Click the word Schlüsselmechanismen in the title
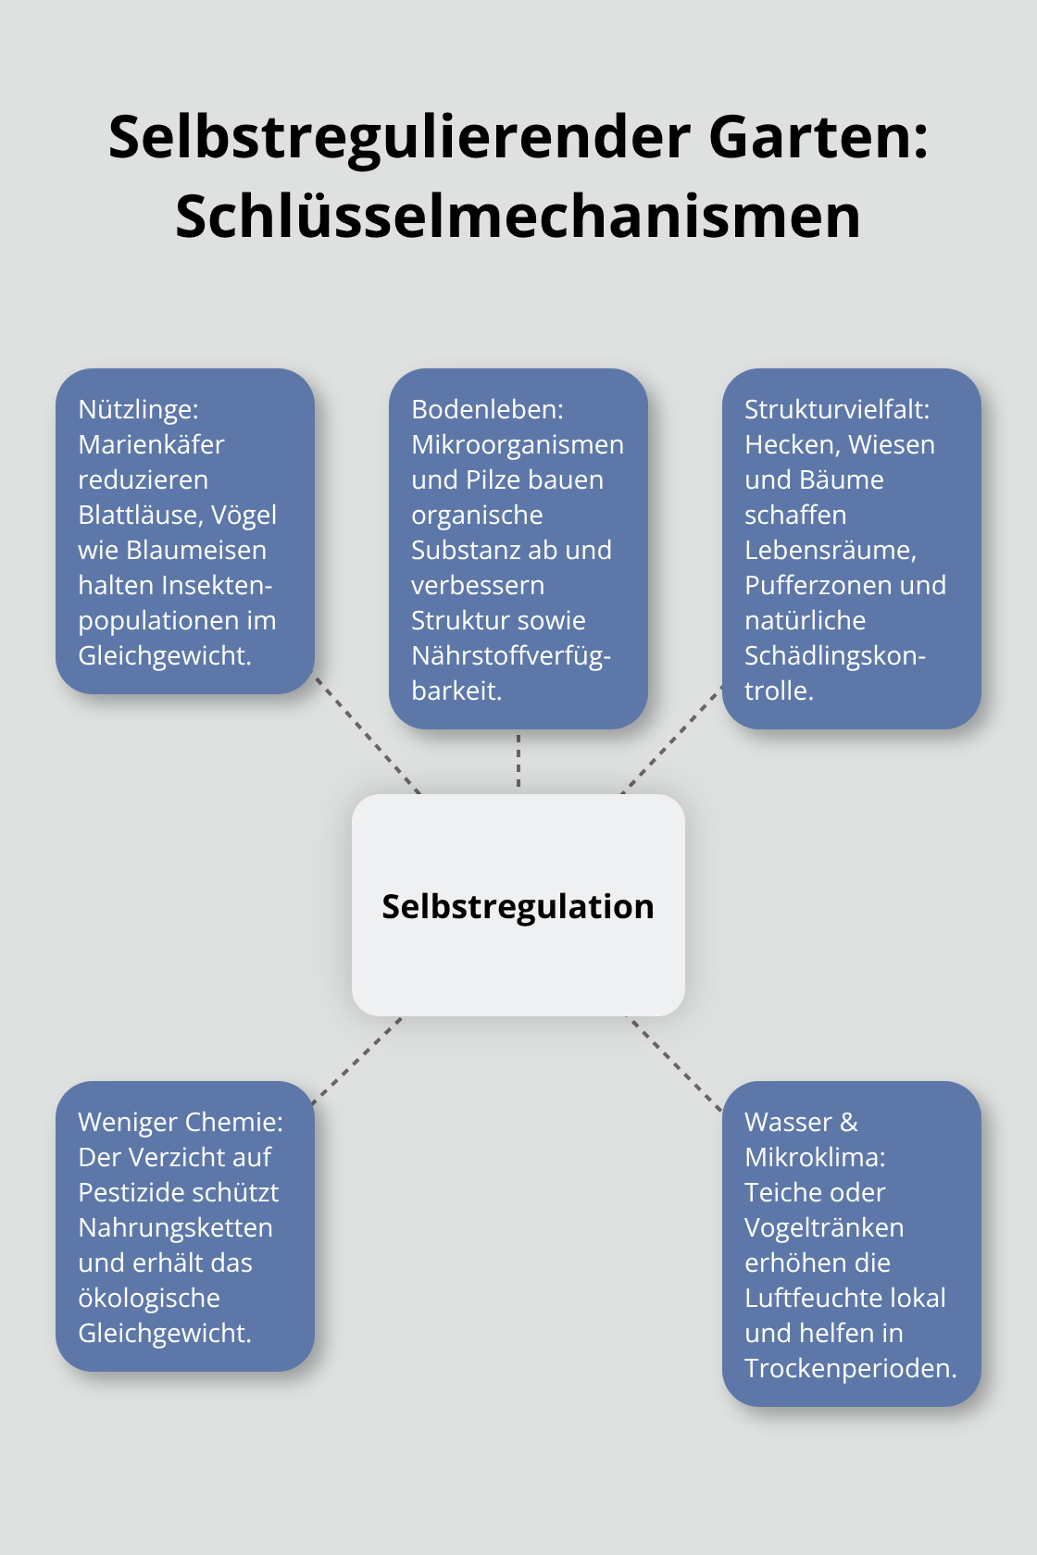point(518,217)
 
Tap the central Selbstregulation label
point(518,907)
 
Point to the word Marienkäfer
point(152,445)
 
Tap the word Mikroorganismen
point(518,446)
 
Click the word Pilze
point(493,479)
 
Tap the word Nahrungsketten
point(176,1228)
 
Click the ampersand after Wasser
point(849,1123)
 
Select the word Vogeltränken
point(824,1228)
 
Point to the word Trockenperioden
point(851,1368)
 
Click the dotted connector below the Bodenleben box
point(518,761)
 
